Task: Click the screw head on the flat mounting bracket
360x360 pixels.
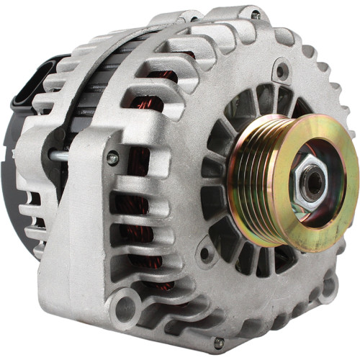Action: click(x=113, y=157)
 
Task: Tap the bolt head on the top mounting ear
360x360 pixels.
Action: click(x=256, y=14)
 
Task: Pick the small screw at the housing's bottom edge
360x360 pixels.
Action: click(x=219, y=342)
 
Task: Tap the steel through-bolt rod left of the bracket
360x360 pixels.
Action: click(x=61, y=154)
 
